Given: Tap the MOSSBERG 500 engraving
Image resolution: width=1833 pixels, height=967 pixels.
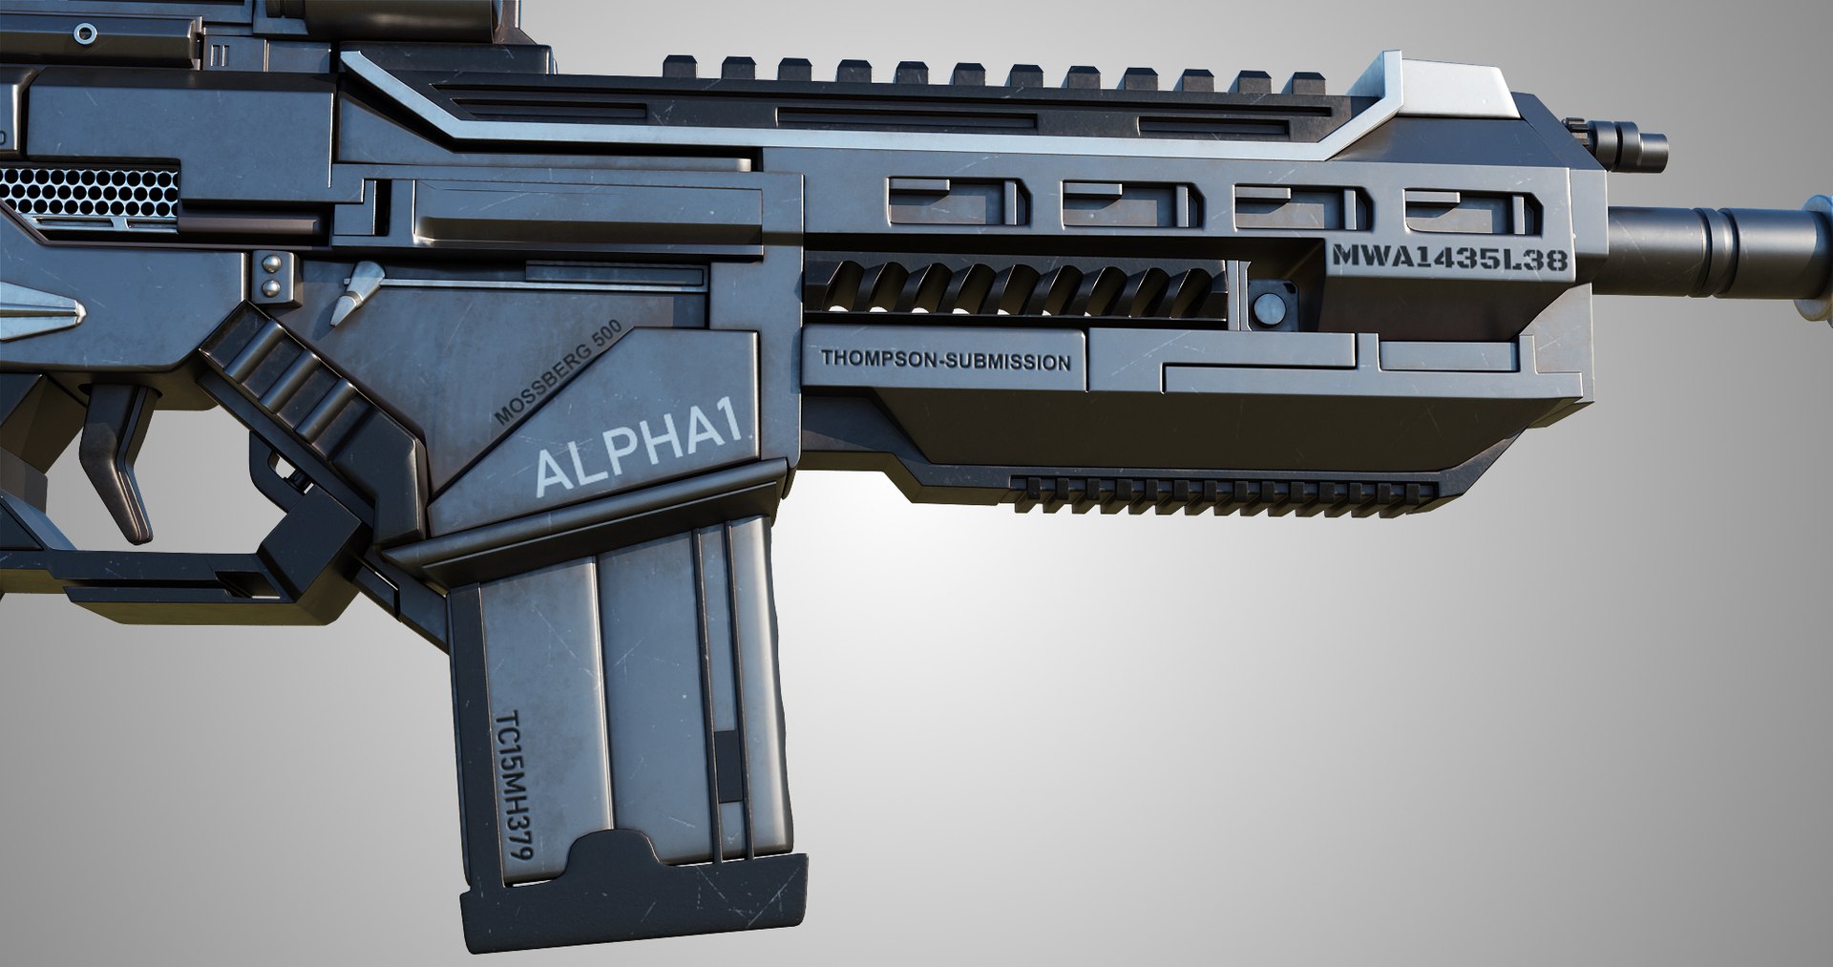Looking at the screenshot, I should (x=558, y=372).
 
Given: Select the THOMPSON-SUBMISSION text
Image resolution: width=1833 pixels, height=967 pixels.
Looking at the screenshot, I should (x=945, y=361).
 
